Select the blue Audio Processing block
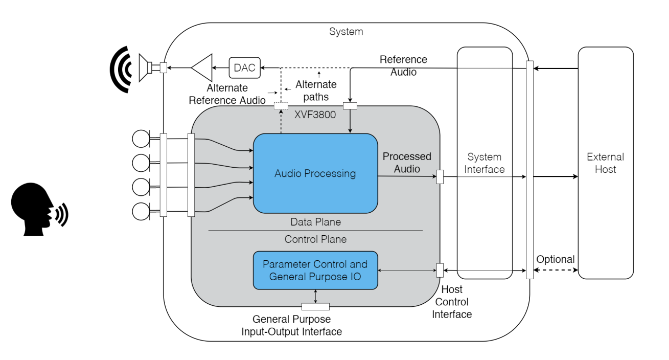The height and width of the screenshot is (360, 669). (x=315, y=173)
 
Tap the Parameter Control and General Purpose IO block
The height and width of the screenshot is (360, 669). (x=315, y=270)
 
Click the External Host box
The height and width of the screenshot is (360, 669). (x=605, y=163)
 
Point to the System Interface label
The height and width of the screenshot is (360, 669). (x=484, y=163)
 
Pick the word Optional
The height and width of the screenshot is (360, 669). (x=556, y=259)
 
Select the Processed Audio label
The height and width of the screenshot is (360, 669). (x=407, y=162)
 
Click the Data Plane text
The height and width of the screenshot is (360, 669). (x=315, y=222)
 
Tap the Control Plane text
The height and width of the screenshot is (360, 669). (x=315, y=239)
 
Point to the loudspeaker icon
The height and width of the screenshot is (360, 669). (x=147, y=67)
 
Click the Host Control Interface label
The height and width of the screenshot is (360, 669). (x=452, y=302)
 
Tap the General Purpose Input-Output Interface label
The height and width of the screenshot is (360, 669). (x=292, y=325)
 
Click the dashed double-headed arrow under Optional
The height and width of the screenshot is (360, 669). (x=556, y=271)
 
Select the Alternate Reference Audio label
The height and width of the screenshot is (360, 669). (x=227, y=94)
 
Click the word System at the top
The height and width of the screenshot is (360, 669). (x=346, y=32)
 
